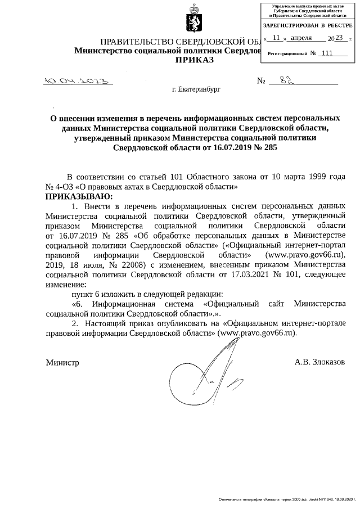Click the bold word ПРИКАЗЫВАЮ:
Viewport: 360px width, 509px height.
point(79,196)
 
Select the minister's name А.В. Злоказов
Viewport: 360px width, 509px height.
point(319,362)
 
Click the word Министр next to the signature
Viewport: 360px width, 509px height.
point(62,363)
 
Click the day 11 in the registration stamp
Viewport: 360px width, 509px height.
point(276,38)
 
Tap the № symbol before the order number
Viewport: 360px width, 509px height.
point(261,81)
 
